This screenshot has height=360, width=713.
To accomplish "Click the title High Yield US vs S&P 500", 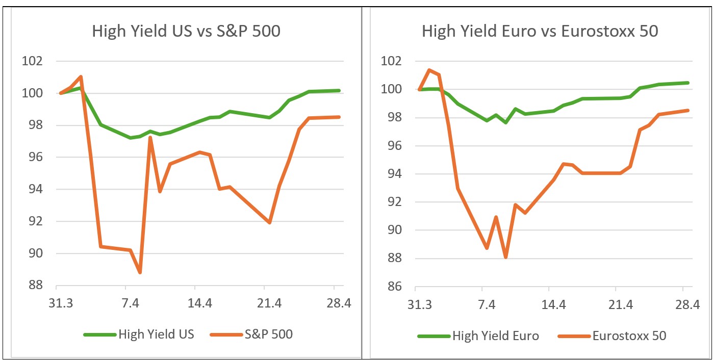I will pos(186,31).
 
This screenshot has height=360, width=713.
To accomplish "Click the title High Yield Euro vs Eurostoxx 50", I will pos(540,31).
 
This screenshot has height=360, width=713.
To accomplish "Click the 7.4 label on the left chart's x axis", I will pos(131,303).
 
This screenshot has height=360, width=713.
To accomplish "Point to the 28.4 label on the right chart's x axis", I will pos(687,305).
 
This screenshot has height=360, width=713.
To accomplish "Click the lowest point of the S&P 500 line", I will pos(140,272).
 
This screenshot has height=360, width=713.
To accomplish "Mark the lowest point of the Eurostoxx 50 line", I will pos(505,257).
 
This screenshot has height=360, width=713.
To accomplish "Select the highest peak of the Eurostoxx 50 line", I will pos(429,70).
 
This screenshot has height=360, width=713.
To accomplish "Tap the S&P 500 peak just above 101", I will pos(81,77).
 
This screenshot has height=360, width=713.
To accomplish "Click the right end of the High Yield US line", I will pos(339,91).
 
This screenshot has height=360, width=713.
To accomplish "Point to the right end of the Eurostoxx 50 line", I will pos(688,110).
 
